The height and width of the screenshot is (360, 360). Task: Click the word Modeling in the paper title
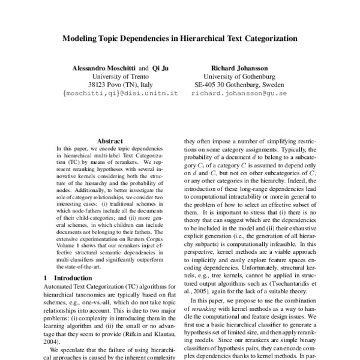[x=81, y=38]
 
